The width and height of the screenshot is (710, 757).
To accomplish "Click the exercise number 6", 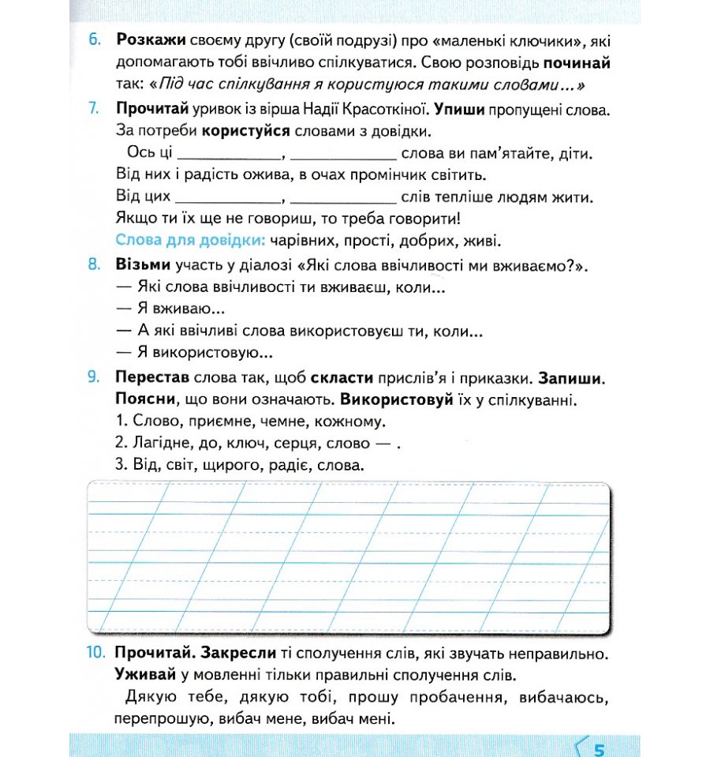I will tap(94, 39).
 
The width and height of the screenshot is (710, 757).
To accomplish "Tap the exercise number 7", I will tap(94, 108).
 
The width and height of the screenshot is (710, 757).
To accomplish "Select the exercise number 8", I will tap(94, 264).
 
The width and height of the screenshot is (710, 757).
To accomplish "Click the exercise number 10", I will tap(95, 654).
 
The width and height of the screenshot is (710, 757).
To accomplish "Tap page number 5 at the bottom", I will tap(599, 747).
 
